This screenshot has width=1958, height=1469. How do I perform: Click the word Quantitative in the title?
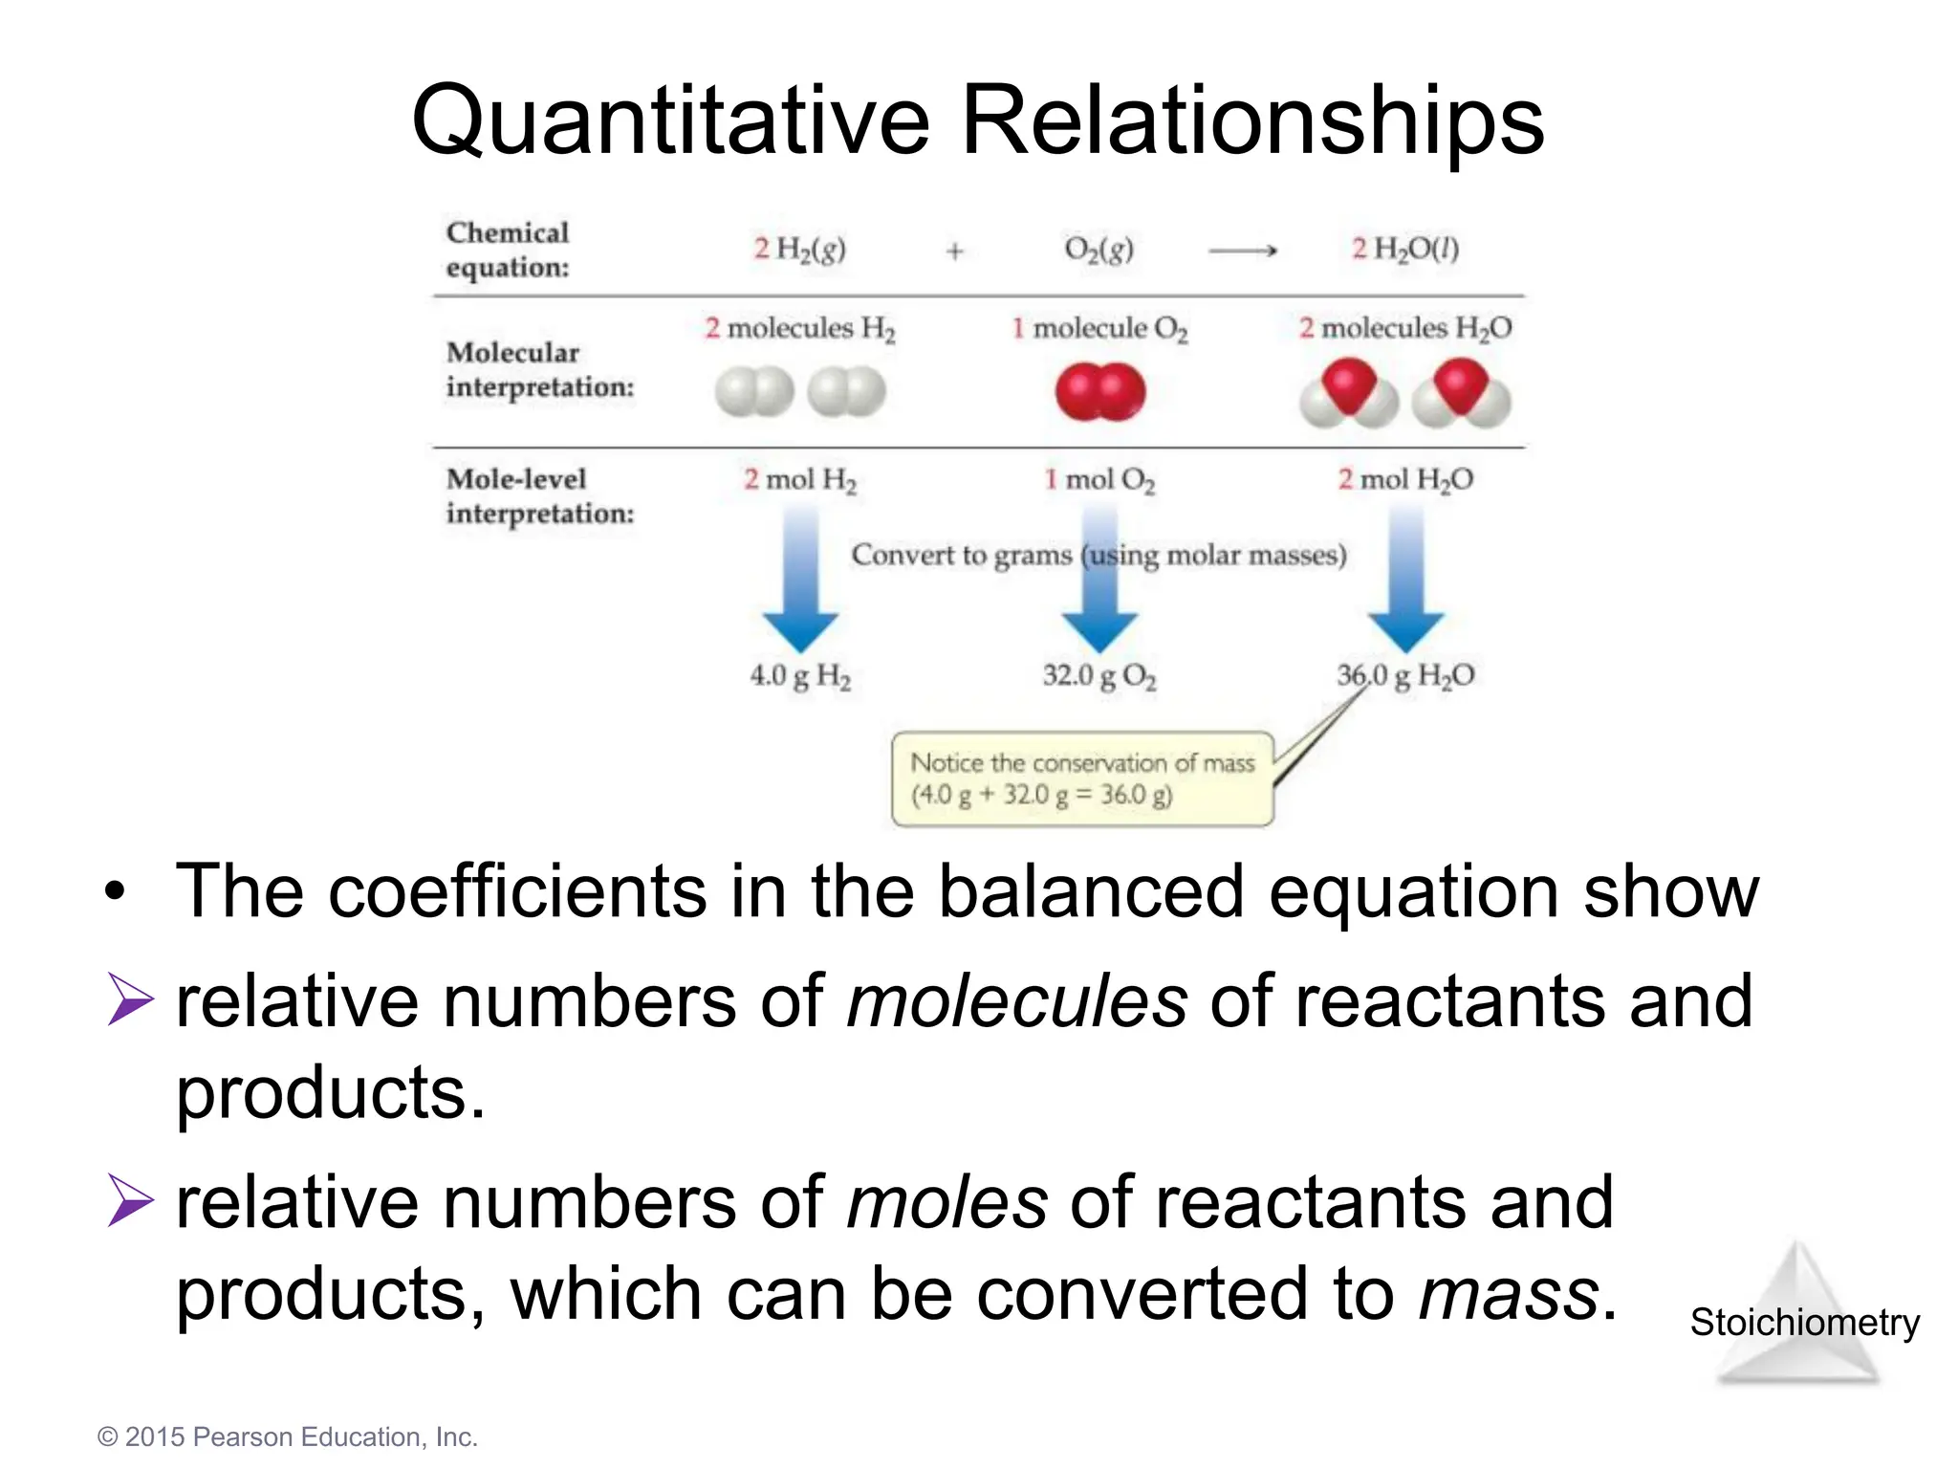click(669, 122)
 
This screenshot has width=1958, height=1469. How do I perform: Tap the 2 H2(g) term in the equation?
click(799, 250)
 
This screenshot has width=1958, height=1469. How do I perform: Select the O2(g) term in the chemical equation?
click(1099, 250)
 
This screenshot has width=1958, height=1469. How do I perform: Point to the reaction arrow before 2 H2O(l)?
click(1242, 252)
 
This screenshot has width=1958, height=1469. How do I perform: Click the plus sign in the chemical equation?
click(954, 252)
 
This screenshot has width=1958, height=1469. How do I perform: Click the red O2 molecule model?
click(1099, 392)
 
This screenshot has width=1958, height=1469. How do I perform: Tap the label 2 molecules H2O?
click(1404, 328)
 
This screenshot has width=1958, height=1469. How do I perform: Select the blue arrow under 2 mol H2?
click(801, 583)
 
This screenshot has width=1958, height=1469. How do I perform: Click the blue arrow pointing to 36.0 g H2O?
click(1405, 583)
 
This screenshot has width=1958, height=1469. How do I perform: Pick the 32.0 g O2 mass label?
click(1099, 676)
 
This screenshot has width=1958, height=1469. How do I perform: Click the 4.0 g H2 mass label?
click(800, 676)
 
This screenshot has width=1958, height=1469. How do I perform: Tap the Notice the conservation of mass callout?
click(1082, 778)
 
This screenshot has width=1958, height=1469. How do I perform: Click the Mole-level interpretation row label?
click(540, 496)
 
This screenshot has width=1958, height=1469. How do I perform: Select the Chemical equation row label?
click(508, 250)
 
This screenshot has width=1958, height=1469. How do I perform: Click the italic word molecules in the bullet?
click(1016, 1001)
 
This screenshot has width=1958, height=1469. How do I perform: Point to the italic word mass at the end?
click(1508, 1294)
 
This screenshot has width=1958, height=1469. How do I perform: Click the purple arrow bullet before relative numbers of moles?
click(130, 1200)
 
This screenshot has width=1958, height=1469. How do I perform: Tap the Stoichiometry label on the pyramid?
click(1804, 1323)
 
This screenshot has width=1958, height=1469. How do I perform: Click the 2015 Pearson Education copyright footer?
click(287, 1436)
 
